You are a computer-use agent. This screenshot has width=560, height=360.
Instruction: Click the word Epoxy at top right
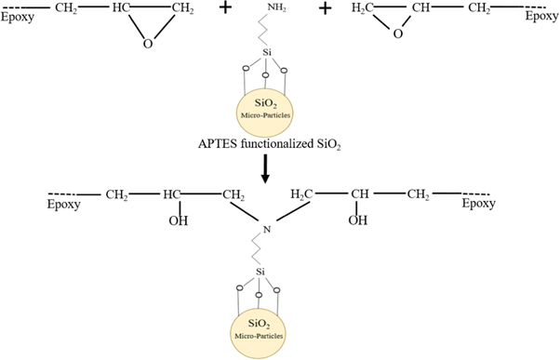point(540,16)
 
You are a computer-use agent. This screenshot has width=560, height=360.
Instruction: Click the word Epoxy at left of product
point(66,204)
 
